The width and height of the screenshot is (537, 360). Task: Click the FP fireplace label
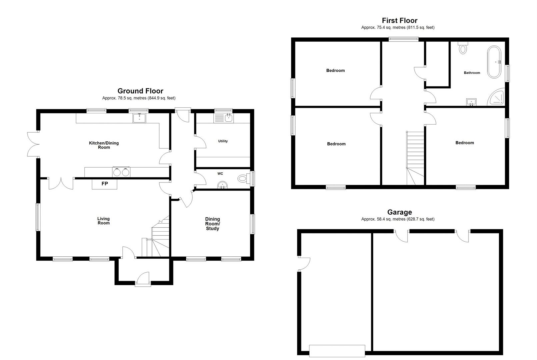coord(105,184)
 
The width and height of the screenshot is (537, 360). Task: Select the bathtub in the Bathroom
coord(494,62)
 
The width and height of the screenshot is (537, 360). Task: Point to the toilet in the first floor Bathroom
coord(463,48)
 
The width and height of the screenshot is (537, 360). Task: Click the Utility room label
coord(223,141)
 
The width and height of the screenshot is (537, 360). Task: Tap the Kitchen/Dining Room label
coord(104,145)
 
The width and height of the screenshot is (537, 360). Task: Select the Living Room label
coord(104,221)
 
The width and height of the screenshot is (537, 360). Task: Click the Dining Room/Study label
coord(212,224)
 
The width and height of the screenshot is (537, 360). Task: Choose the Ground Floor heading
coord(140,91)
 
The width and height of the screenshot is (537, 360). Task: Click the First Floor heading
coord(400,20)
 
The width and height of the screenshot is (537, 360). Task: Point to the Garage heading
coord(400,212)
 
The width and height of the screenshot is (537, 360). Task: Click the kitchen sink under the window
coord(139,118)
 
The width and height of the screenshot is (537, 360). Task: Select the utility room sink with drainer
coord(223,118)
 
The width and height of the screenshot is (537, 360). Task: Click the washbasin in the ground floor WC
coord(222,185)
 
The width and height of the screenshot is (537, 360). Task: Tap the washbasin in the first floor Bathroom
coord(471,102)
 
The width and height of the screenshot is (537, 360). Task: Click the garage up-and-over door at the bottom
coord(337,351)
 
